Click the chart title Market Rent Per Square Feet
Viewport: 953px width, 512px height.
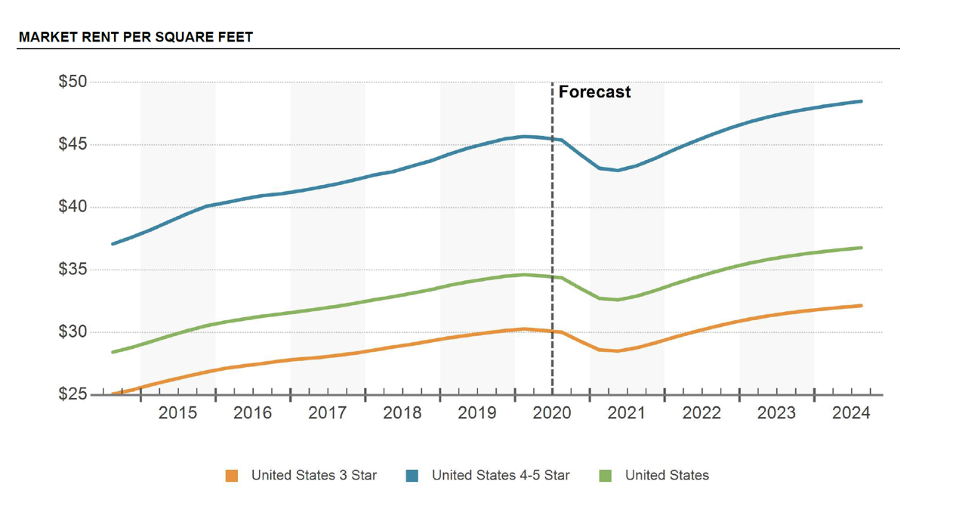[136, 37]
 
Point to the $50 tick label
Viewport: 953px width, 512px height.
[73, 82]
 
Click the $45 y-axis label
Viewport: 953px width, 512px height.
[73, 144]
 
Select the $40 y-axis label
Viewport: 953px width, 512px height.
[73, 207]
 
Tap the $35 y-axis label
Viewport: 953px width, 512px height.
[73, 270]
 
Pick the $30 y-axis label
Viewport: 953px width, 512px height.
[73, 332]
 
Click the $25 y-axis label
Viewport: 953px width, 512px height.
[73, 394]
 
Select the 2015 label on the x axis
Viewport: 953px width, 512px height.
[177, 413]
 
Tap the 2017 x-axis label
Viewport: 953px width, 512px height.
[327, 413]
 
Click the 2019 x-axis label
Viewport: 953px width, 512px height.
[477, 413]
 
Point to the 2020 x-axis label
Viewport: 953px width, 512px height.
[552, 413]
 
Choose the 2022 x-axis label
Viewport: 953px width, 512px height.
[702, 413]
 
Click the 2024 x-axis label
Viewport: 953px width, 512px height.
[851, 413]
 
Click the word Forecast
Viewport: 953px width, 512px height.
[594, 92]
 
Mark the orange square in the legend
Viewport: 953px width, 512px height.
[232, 476]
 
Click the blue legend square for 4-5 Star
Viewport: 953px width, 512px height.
[412, 476]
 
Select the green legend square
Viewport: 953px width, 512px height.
[605, 476]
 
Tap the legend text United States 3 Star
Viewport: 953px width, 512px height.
[313, 476]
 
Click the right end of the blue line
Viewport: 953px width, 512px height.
[861, 101]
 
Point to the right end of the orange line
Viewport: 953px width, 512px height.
[861, 306]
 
